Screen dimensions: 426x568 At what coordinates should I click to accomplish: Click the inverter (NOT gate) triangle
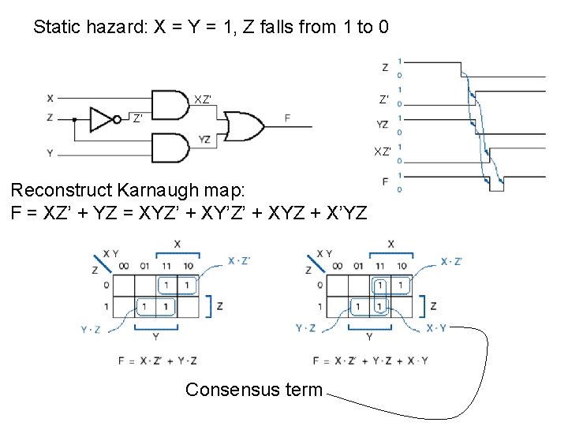click(102, 119)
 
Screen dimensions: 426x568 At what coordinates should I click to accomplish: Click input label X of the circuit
click(50, 99)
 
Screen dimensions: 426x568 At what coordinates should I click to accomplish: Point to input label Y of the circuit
click(50, 153)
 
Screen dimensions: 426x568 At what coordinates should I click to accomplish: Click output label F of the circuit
click(287, 118)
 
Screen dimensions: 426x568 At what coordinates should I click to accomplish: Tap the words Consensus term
click(253, 389)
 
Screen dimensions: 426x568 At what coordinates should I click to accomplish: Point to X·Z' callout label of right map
click(451, 261)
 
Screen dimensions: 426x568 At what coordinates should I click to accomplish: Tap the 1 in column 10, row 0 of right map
click(400, 284)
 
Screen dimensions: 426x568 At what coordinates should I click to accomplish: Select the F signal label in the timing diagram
click(384, 181)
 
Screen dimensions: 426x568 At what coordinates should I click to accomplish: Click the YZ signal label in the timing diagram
click(383, 124)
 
